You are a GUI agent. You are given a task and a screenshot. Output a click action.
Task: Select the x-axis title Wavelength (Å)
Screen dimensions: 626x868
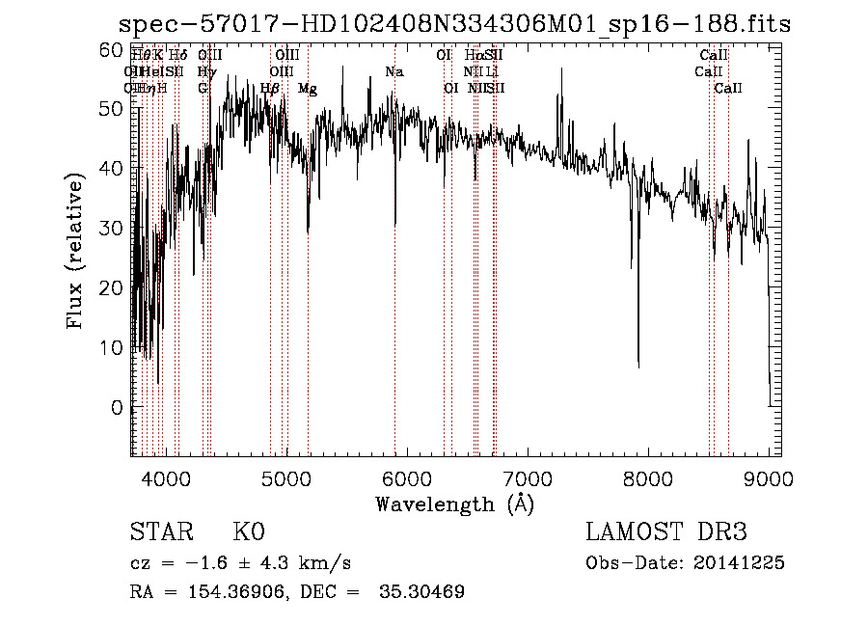[x=454, y=504]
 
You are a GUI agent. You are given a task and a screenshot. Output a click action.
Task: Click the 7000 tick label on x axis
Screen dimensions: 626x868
[x=527, y=476]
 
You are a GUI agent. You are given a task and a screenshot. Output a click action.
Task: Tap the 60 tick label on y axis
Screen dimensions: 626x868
[x=112, y=50]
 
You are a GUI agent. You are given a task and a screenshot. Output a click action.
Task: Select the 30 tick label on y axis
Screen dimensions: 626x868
[x=112, y=229]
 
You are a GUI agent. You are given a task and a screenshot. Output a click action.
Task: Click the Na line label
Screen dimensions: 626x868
[x=393, y=72]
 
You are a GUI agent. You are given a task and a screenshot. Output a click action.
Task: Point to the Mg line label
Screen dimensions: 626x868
[x=308, y=89]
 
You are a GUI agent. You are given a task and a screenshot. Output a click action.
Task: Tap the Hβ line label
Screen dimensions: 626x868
[x=270, y=89]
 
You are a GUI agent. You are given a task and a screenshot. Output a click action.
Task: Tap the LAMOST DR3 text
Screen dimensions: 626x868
[x=666, y=532]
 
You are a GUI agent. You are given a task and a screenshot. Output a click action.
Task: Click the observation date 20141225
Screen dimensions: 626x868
[x=742, y=563]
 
